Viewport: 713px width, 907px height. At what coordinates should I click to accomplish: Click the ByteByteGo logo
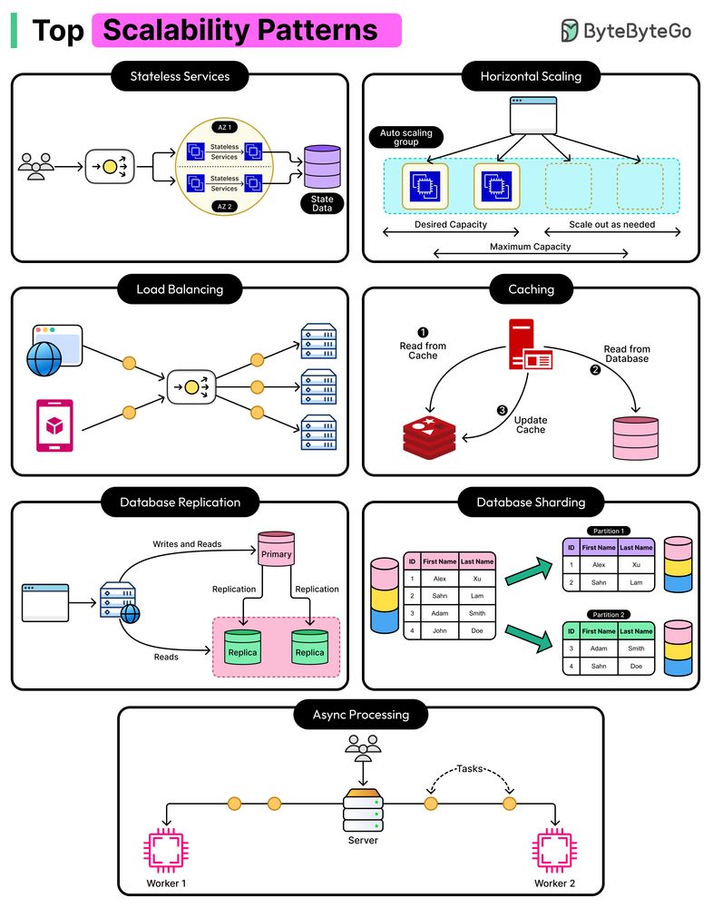[x=625, y=31]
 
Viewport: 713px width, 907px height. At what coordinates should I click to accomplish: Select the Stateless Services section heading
[x=180, y=76]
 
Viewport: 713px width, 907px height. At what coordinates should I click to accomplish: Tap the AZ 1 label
[x=224, y=128]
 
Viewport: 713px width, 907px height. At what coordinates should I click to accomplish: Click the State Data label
[x=322, y=204]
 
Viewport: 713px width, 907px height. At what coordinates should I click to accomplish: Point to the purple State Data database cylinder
[x=322, y=167]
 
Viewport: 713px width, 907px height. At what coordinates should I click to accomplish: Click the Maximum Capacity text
[x=531, y=246]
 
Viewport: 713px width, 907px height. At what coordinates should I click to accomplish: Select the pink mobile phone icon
[x=54, y=424]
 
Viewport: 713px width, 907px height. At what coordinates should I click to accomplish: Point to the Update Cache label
[x=531, y=424]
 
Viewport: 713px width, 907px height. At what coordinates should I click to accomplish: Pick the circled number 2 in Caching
[x=596, y=369]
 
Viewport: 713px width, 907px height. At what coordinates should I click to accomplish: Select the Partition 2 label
[x=609, y=614]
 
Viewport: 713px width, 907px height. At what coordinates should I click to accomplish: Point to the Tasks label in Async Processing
[x=469, y=768]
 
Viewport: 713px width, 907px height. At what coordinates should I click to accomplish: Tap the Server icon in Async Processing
[x=362, y=811]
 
